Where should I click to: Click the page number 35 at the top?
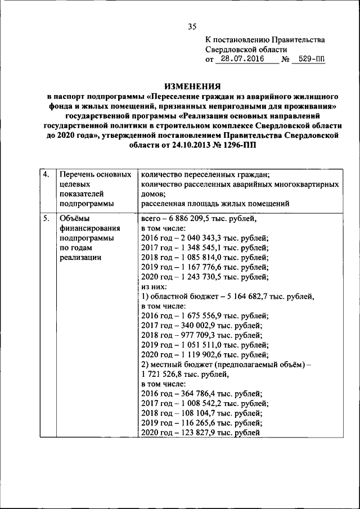(x=192, y=26)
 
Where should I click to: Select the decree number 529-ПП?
(x=309, y=58)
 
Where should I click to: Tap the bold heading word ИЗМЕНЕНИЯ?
(x=192, y=87)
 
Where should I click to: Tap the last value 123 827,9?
(x=202, y=433)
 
